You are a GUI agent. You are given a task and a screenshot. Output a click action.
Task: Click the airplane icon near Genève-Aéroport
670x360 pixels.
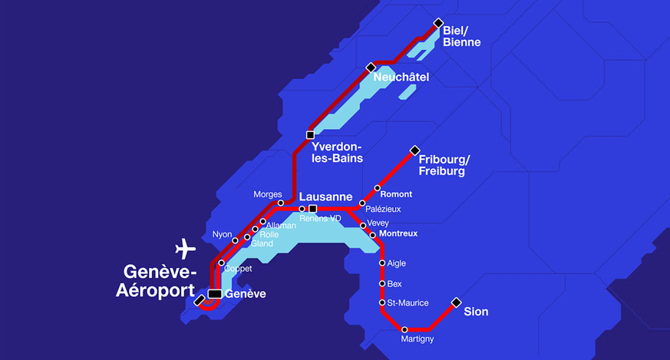tap(185, 249)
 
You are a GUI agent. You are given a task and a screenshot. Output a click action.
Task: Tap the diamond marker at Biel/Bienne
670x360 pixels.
tap(438, 23)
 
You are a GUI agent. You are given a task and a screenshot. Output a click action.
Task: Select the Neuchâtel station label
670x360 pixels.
tap(401, 78)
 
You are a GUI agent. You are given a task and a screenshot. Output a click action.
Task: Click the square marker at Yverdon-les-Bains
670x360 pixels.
tap(310, 135)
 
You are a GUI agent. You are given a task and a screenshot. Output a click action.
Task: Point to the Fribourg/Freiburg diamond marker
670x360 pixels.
tap(414, 150)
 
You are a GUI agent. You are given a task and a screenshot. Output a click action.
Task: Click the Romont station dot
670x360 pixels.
tap(378, 188)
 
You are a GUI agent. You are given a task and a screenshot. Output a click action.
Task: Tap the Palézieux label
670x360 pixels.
tap(384, 209)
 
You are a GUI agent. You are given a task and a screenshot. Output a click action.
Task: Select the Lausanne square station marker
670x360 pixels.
tap(312, 209)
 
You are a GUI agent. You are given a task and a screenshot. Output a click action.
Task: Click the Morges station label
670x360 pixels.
tap(268, 195)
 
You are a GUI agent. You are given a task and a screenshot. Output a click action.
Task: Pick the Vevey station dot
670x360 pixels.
tap(363, 226)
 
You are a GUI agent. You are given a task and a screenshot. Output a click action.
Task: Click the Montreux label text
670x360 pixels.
tap(398, 233)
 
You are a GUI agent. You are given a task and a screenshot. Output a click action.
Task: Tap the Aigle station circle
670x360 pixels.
tap(382, 263)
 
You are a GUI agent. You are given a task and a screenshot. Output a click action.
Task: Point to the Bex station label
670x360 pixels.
tap(395, 284)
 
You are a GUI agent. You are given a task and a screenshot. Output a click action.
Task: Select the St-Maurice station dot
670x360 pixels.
tap(382, 303)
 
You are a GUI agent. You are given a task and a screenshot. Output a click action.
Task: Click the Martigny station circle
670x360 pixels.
tap(404, 330)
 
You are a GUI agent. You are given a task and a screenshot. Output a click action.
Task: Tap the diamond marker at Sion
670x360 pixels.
tap(456, 302)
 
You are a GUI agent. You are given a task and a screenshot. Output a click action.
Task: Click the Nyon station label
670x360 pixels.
tap(222, 234)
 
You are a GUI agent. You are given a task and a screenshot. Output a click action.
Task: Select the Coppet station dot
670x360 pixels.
tap(221, 263)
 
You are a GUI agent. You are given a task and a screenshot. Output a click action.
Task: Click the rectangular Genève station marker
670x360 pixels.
tap(215, 294)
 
